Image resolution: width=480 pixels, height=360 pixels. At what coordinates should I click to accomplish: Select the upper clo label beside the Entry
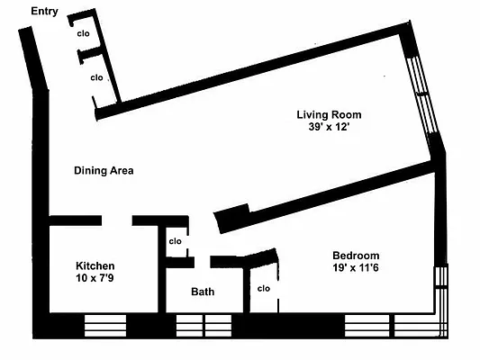point(83,33)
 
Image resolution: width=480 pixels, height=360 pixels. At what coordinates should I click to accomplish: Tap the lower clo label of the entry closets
point(95,77)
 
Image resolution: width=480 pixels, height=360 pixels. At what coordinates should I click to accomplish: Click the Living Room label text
point(329,114)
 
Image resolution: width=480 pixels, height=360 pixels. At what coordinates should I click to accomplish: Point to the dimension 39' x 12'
point(329,127)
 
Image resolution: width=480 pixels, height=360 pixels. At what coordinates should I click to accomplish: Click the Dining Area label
point(104,170)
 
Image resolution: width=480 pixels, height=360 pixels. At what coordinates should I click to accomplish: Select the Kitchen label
point(95,265)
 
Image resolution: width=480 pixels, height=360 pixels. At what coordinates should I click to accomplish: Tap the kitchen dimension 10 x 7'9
point(95,278)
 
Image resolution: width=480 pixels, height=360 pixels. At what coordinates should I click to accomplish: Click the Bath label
point(203,292)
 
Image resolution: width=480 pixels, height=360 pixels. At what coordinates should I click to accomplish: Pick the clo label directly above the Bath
point(176,241)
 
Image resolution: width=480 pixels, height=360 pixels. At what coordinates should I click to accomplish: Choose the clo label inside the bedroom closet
point(264,289)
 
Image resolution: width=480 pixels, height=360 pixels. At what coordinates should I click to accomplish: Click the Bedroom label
point(356,255)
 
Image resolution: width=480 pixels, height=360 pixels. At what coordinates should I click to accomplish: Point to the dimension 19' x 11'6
point(356,267)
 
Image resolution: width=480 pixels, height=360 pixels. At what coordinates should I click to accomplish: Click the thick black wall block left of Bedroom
point(230,217)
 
